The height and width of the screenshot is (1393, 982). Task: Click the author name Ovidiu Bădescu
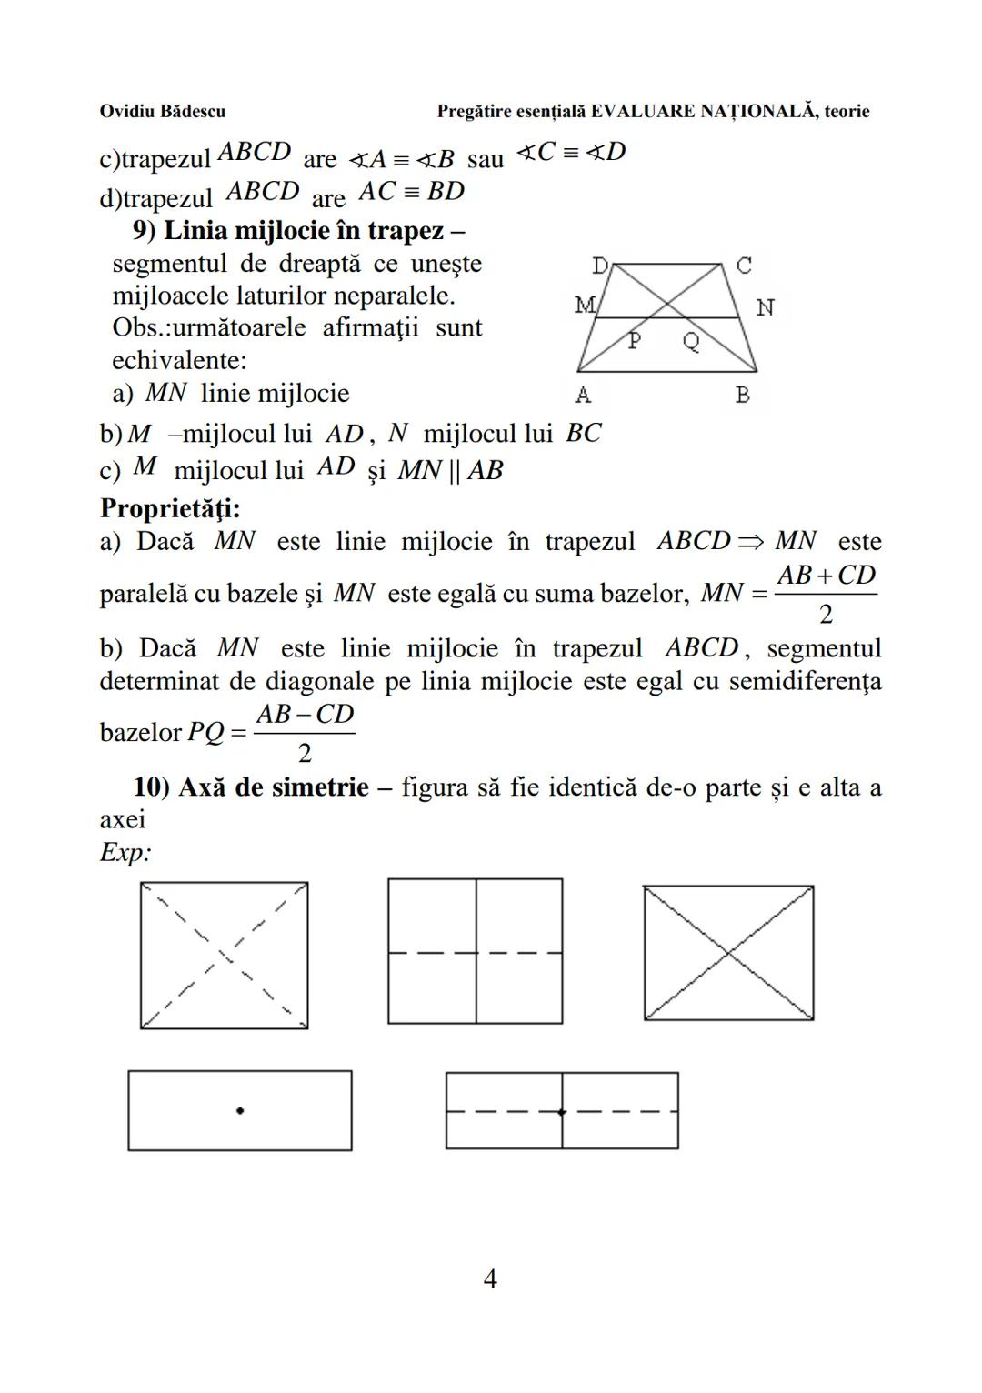click(162, 112)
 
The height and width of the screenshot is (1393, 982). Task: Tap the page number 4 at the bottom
click(489, 1279)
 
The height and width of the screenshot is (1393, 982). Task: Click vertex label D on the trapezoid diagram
click(600, 266)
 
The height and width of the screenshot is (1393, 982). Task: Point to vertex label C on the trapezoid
click(743, 266)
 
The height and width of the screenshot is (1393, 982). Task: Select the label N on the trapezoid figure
click(765, 308)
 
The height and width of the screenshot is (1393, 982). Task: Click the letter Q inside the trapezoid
click(692, 342)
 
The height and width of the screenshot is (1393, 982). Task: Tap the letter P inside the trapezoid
click(635, 341)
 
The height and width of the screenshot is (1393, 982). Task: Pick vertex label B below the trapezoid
click(742, 396)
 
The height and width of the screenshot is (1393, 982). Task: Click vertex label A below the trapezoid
click(583, 396)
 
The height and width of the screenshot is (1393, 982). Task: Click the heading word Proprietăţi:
click(170, 507)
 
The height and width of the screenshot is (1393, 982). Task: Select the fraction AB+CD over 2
click(825, 594)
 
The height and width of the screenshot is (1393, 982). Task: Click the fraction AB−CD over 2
click(305, 733)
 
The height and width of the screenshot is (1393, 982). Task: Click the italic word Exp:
click(125, 853)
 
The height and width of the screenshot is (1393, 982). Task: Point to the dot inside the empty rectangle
click(240, 1110)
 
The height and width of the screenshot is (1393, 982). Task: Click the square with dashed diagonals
click(224, 955)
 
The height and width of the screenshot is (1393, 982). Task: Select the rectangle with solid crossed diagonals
click(728, 953)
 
